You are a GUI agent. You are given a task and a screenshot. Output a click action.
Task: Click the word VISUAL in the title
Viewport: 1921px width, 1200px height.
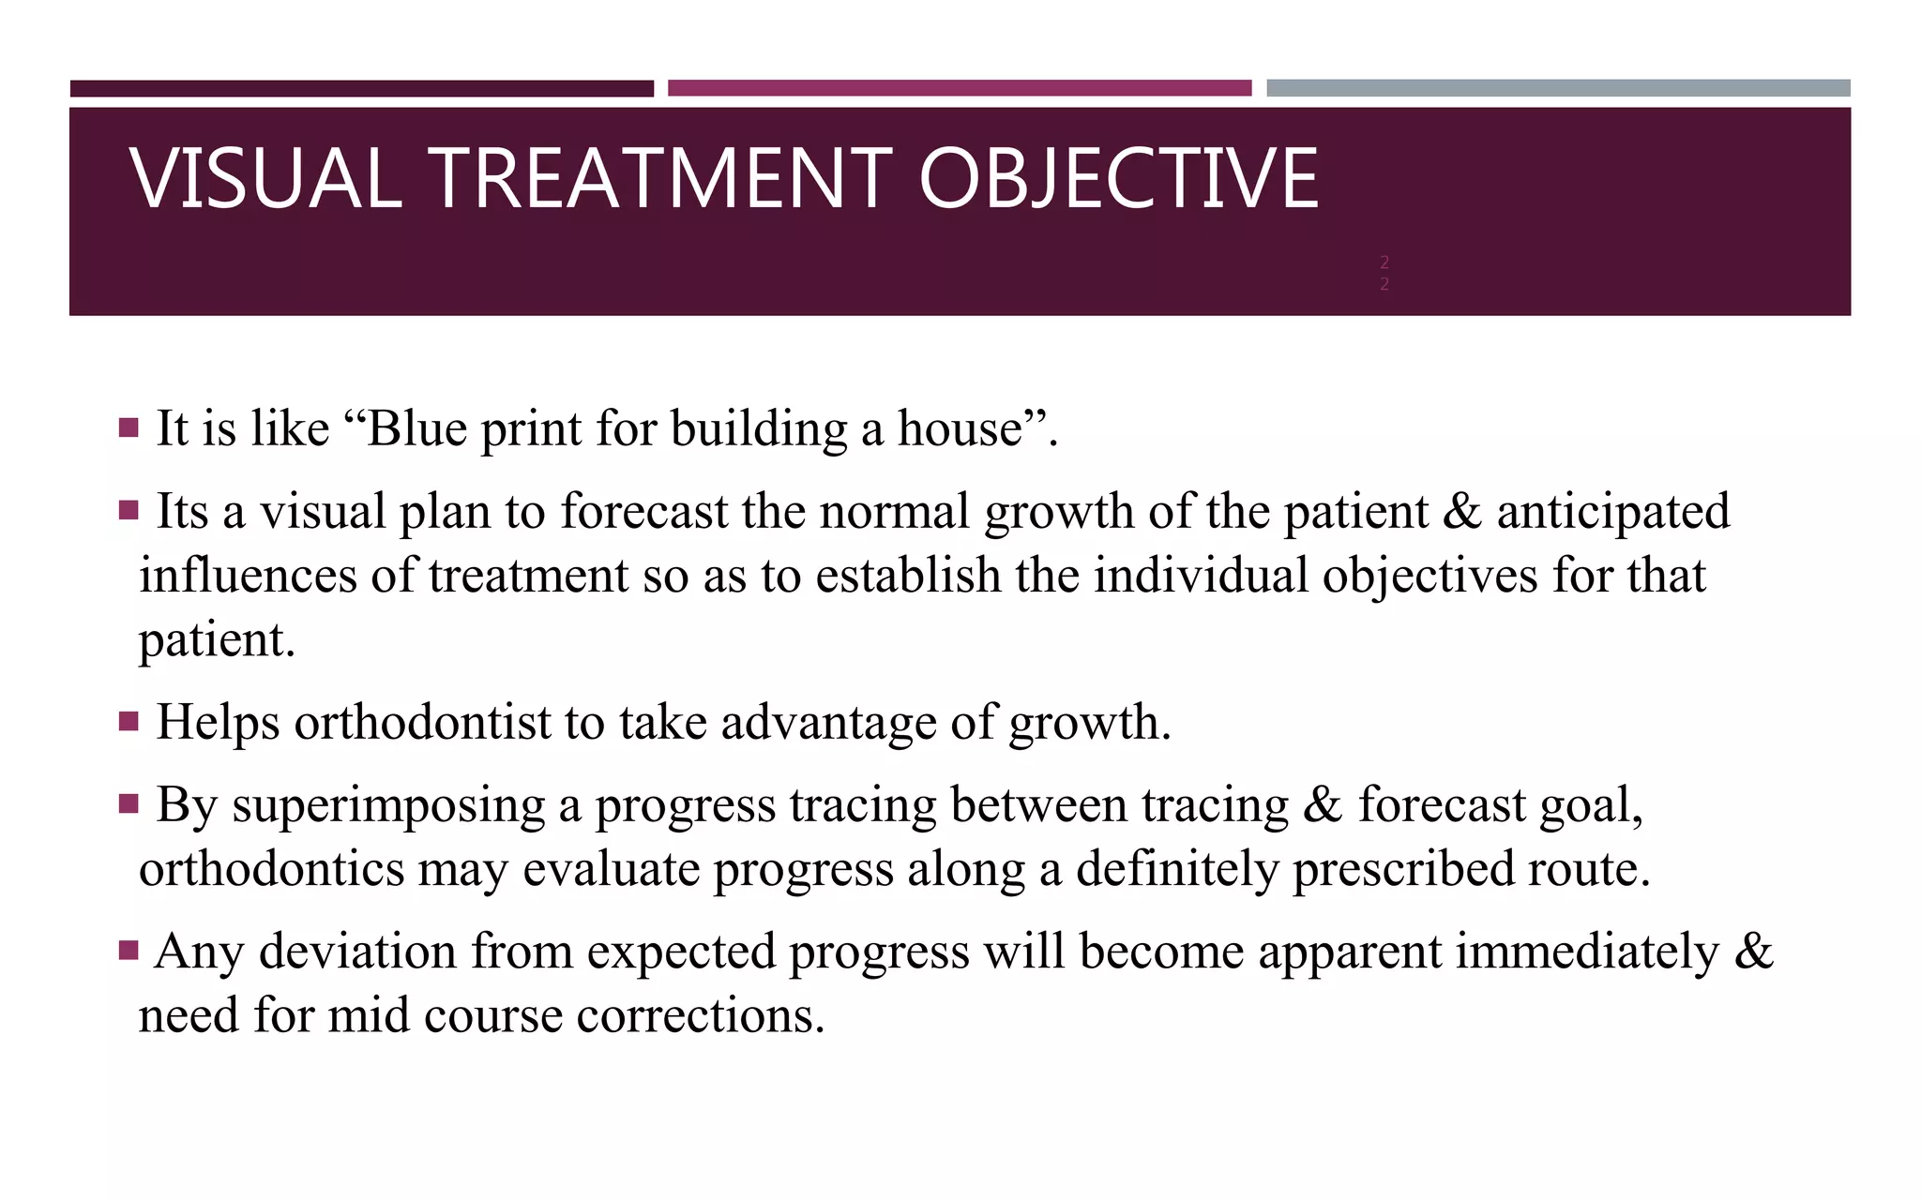[266, 178]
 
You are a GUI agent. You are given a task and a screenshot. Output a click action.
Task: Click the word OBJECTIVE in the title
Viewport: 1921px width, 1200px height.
[1118, 178]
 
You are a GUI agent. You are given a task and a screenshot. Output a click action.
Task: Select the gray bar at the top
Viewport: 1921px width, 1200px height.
[1558, 88]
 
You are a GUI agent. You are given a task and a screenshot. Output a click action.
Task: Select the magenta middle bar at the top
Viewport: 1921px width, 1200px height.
[960, 88]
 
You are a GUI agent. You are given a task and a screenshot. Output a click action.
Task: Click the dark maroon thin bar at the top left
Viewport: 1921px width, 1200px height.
[361, 89]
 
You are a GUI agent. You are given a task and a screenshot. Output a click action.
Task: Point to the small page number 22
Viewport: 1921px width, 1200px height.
[1384, 273]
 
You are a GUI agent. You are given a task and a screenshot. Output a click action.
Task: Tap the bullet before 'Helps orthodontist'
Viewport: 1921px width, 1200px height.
[129, 722]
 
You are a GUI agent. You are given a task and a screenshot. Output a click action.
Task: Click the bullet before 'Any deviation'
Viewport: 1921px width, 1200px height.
[129, 952]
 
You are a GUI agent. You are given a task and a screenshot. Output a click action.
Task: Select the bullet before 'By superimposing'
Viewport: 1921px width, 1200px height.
[129, 804]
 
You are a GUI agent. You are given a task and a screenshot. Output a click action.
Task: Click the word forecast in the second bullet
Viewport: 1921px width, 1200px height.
[644, 512]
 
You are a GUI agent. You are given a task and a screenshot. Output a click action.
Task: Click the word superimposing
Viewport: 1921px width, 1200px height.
[388, 806]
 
